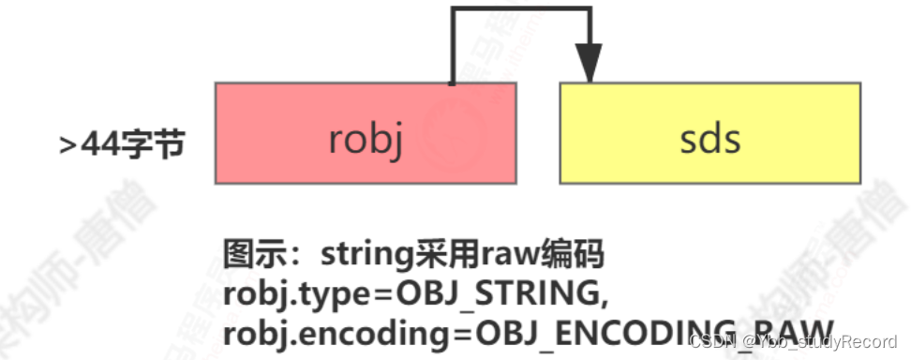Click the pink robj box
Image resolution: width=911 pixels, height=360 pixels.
(x=366, y=132)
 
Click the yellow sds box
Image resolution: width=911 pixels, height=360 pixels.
(x=709, y=132)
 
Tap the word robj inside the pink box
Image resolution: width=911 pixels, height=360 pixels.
(x=366, y=140)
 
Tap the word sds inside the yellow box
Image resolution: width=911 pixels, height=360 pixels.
(x=709, y=140)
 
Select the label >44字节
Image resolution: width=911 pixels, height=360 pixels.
(x=122, y=144)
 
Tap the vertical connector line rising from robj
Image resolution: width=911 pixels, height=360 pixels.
(x=453, y=47)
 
